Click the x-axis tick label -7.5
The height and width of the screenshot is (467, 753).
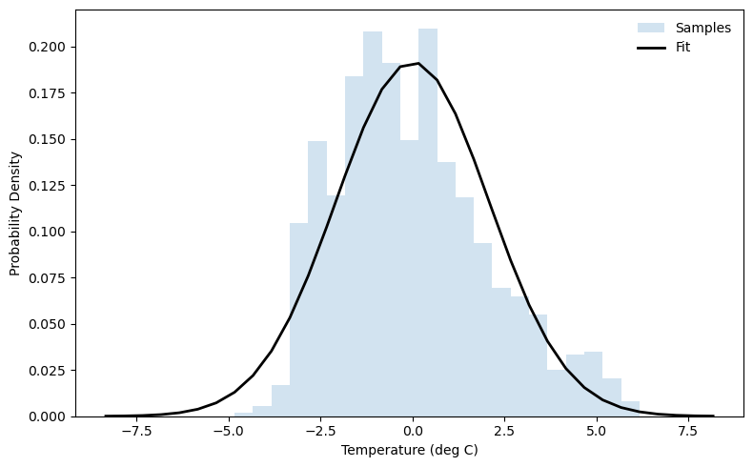(134, 431)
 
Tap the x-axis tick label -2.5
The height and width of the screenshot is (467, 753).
(319, 431)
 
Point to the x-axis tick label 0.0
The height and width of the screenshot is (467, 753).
(412, 431)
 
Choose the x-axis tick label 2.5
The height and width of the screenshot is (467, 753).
(504, 431)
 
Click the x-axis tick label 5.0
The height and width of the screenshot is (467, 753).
(597, 431)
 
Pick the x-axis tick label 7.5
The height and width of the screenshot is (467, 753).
(689, 431)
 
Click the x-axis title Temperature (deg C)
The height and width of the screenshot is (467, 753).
(410, 450)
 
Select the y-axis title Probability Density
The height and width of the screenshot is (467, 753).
(15, 213)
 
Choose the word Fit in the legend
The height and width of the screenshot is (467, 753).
(683, 47)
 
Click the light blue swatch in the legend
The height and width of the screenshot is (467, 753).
(650, 28)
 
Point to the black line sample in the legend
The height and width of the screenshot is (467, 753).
(650, 47)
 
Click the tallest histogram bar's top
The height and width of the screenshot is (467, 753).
(428, 30)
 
